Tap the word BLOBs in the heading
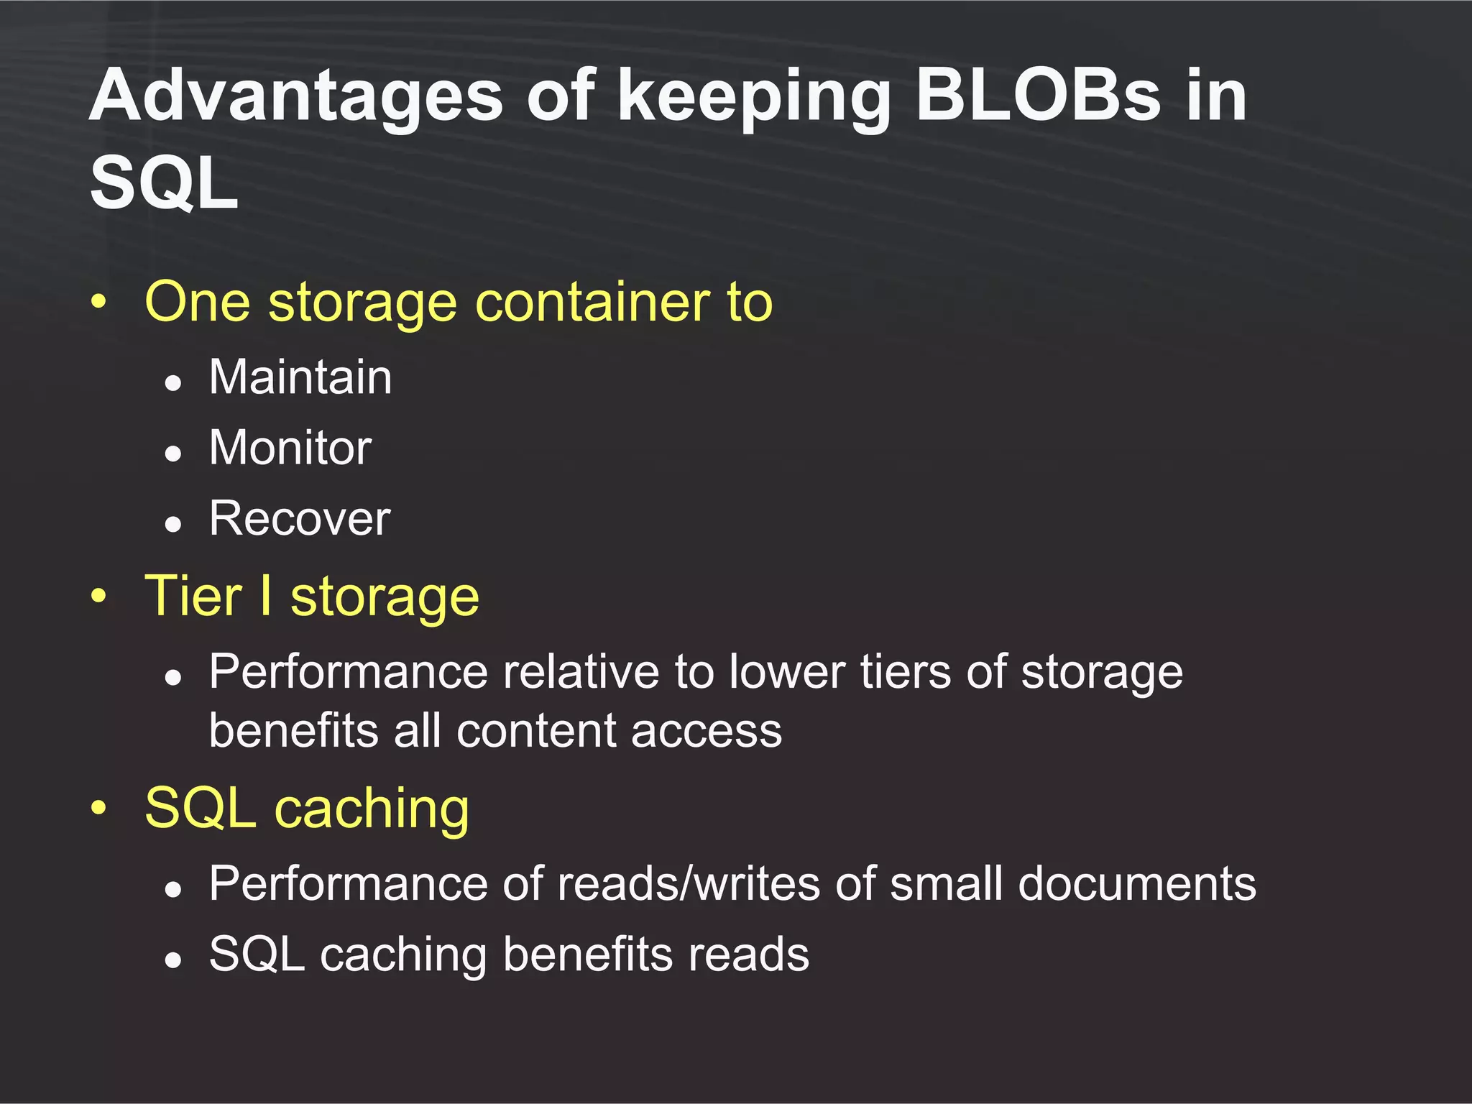(x=1037, y=96)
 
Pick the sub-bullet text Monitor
(x=290, y=447)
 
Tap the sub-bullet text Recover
(x=300, y=517)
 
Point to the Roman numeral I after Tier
(x=266, y=596)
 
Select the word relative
(x=581, y=672)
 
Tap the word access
(x=707, y=731)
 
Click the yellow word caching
(x=372, y=809)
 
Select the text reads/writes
(x=688, y=883)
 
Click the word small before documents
(x=946, y=883)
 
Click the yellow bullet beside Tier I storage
(x=98, y=596)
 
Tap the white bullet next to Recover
(x=172, y=524)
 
